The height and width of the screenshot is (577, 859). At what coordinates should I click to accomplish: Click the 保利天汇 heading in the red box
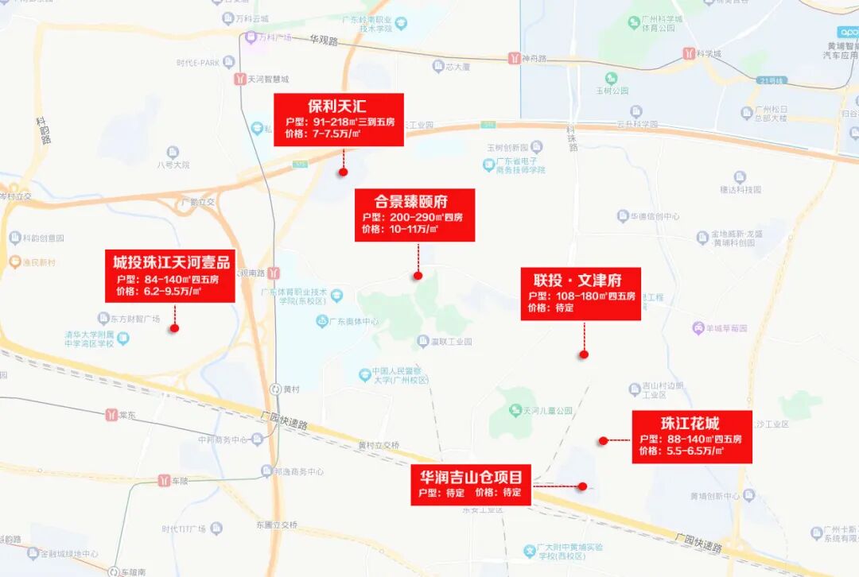click(x=337, y=106)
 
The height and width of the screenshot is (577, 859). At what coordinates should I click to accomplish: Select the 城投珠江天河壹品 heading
click(x=171, y=262)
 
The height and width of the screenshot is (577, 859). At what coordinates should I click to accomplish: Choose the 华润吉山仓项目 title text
click(x=472, y=477)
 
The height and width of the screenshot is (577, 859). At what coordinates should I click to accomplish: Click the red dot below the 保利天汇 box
click(x=344, y=171)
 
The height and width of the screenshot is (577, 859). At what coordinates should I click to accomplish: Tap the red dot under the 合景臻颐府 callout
click(x=418, y=276)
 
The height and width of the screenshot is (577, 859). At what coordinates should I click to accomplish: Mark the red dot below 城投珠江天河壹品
click(x=173, y=327)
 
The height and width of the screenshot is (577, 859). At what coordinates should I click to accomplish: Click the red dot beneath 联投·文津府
click(x=583, y=354)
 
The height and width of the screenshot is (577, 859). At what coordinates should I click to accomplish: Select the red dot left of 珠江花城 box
click(x=603, y=440)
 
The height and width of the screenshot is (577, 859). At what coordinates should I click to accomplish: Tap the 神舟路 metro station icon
click(x=515, y=58)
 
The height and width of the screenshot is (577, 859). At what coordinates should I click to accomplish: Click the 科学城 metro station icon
click(x=688, y=53)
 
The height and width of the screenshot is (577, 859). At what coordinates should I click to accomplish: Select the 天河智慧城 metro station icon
click(x=239, y=79)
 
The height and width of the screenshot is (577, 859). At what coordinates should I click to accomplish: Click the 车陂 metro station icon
click(x=164, y=481)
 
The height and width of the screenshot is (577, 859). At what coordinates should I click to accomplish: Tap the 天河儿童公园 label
click(x=548, y=411)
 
